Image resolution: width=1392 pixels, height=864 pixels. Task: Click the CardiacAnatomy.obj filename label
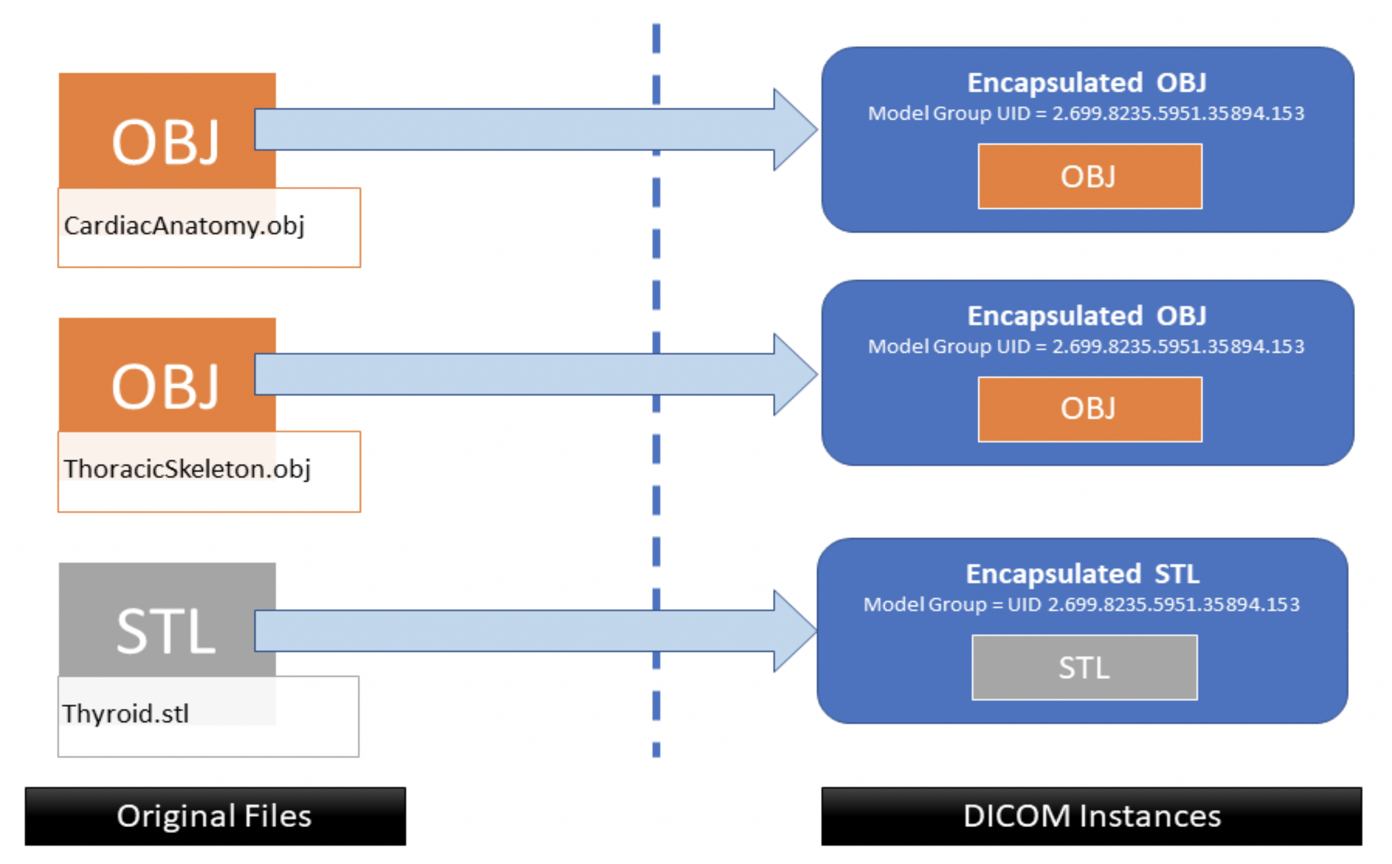[184, 226]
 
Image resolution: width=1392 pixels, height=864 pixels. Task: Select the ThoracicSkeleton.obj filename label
[187, 470]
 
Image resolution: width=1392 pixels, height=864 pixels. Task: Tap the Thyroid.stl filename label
[125, 714]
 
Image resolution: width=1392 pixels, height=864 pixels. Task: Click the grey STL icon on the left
[165, 631]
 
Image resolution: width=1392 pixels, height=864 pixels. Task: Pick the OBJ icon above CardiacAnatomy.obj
[165, 142]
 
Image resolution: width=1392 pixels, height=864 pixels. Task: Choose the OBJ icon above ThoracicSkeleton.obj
[165, 386]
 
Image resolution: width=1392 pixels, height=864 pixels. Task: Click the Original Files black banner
[215, 816]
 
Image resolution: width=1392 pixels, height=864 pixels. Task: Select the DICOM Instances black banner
[1091, 816]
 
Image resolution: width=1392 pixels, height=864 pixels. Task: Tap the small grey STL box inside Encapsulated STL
[1084, 668]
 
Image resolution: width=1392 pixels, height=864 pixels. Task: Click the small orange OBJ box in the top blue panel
[1089, 177]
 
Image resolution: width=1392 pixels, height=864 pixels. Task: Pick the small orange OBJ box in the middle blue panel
[1089, 409]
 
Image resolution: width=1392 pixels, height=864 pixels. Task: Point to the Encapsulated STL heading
[1082, 574]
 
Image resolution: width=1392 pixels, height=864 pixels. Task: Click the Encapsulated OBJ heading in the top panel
[1086, 83]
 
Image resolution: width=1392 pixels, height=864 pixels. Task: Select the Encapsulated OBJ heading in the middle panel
[1086, 316]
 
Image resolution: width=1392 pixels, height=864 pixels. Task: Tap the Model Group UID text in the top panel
[1085, 113]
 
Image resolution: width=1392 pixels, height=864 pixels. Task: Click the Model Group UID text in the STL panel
[1082, 605]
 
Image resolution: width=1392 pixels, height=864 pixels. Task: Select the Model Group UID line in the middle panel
[1085, 346]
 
